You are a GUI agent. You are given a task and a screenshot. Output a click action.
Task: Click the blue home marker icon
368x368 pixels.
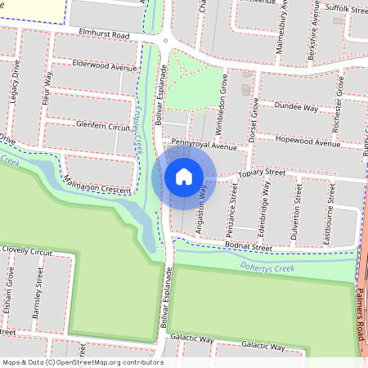184,177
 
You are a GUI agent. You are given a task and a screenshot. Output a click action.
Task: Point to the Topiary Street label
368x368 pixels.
261,173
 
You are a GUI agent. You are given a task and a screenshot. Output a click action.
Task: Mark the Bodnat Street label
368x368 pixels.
249,246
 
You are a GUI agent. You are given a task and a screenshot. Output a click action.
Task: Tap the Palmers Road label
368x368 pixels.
361,316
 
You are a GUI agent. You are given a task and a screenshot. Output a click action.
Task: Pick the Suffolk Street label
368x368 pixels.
347,10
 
